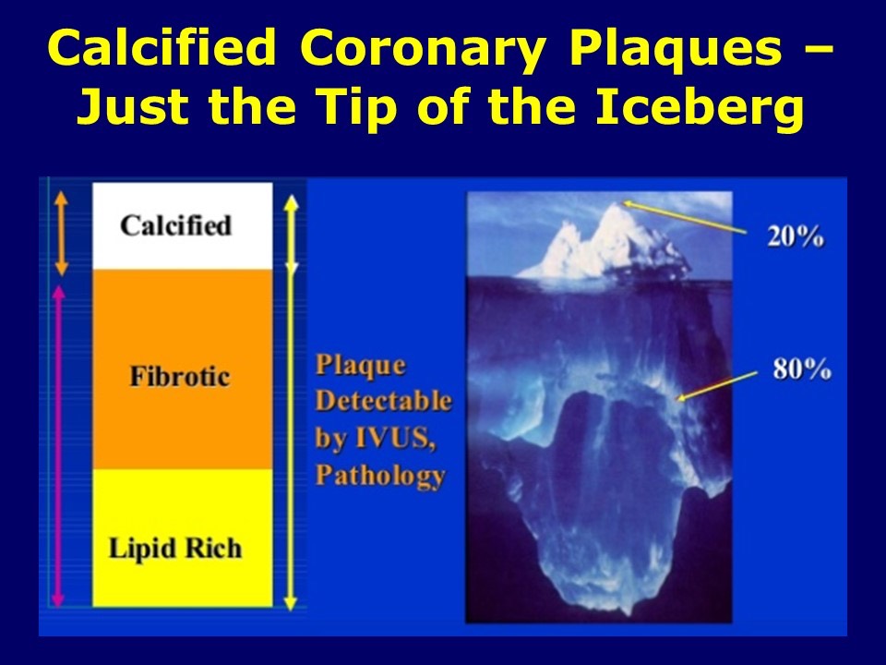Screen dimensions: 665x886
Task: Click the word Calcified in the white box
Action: [x=175, y=226]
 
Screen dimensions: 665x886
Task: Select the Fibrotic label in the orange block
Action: [x=179, y=378]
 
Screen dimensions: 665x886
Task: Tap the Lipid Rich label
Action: [x=174, y=549]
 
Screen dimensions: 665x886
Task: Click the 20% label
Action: [x=794, y=236]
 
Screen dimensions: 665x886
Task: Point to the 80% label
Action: [x=802, y=371]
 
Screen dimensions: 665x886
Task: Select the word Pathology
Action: [x=380, y=476]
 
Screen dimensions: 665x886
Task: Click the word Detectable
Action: [x=384, y=402]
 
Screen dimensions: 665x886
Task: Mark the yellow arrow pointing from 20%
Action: [x=683, y=215]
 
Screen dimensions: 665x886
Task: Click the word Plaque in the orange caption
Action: [x=360, y=366]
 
